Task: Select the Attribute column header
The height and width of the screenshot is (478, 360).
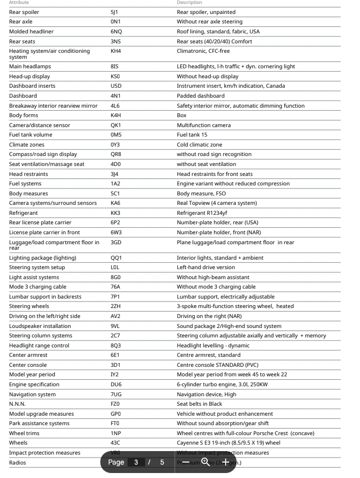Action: tap(19, 3)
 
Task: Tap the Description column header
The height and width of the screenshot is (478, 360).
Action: tap(188, 3)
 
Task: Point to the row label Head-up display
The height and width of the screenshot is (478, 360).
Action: tap(30, 76)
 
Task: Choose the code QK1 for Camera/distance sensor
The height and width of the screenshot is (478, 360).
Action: tap(116, 125)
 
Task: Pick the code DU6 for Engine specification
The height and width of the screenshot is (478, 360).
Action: tap(116, 384)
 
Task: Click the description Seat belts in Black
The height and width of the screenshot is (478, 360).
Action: tap(200, 404)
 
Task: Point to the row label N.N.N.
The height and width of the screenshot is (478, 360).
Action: tap(17, 404)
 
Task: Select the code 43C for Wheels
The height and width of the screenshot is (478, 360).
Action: tap(116, 443)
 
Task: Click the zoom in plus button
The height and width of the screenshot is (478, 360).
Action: tap(226, 462)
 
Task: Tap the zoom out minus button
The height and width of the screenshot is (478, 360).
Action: tap(186, 462)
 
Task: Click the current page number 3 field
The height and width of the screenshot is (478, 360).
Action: tap(136, 462)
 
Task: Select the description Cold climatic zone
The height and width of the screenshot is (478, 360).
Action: tap(200, 145)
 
